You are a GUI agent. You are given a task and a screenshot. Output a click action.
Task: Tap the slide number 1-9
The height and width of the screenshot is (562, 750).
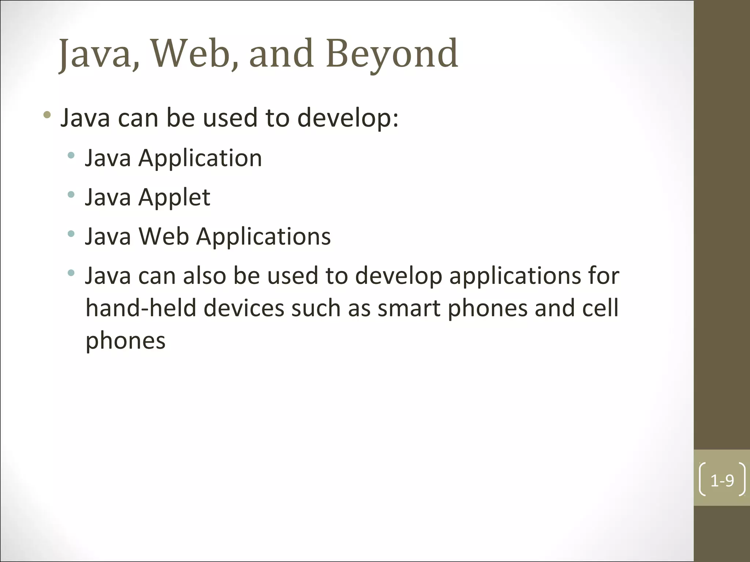coord(722,480)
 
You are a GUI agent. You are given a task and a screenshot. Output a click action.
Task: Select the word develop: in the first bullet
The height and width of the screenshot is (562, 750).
coord(348,118)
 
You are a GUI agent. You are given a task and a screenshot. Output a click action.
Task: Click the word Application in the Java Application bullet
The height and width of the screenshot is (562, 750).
coord(200,158)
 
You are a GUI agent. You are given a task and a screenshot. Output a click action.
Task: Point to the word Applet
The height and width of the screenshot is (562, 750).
coord(174,198)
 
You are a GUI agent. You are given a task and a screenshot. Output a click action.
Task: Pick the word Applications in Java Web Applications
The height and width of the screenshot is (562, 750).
coord(263,236)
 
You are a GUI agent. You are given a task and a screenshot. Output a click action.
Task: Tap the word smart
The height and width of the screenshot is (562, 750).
coord(409,308)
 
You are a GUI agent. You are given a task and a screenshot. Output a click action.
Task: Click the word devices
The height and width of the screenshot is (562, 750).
coord(244,308)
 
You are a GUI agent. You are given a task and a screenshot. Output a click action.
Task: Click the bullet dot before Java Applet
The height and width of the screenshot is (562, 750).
coord(71,194)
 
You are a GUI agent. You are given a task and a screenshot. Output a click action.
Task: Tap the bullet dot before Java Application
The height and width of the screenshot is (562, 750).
coord(71,156)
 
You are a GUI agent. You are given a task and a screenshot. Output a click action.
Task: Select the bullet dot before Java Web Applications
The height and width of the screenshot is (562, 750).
coord(71,233)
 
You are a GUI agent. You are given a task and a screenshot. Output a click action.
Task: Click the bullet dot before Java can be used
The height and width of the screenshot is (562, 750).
coord(47,115)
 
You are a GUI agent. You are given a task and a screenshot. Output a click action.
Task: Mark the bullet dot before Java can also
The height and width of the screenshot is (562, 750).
coord(71,273)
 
